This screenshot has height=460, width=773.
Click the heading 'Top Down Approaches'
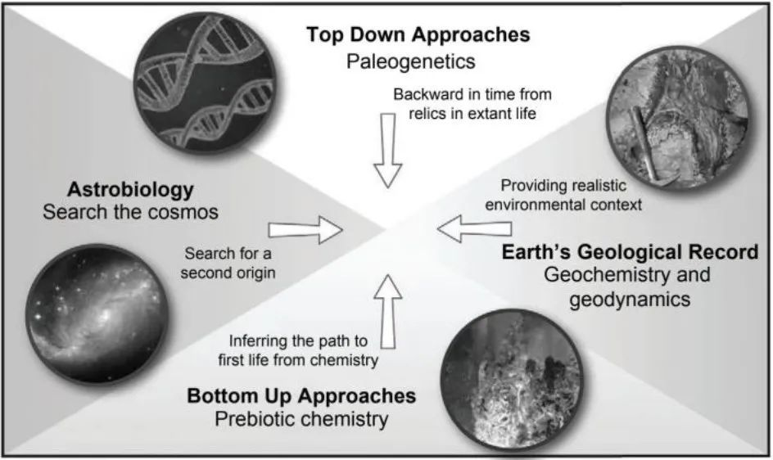click(418, 35)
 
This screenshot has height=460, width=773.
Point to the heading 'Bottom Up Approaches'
click(301, 397)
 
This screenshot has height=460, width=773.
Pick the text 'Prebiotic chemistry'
click(301, 420)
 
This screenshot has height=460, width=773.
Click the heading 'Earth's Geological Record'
click(631, 252)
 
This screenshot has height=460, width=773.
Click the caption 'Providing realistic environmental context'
click(563, 194)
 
